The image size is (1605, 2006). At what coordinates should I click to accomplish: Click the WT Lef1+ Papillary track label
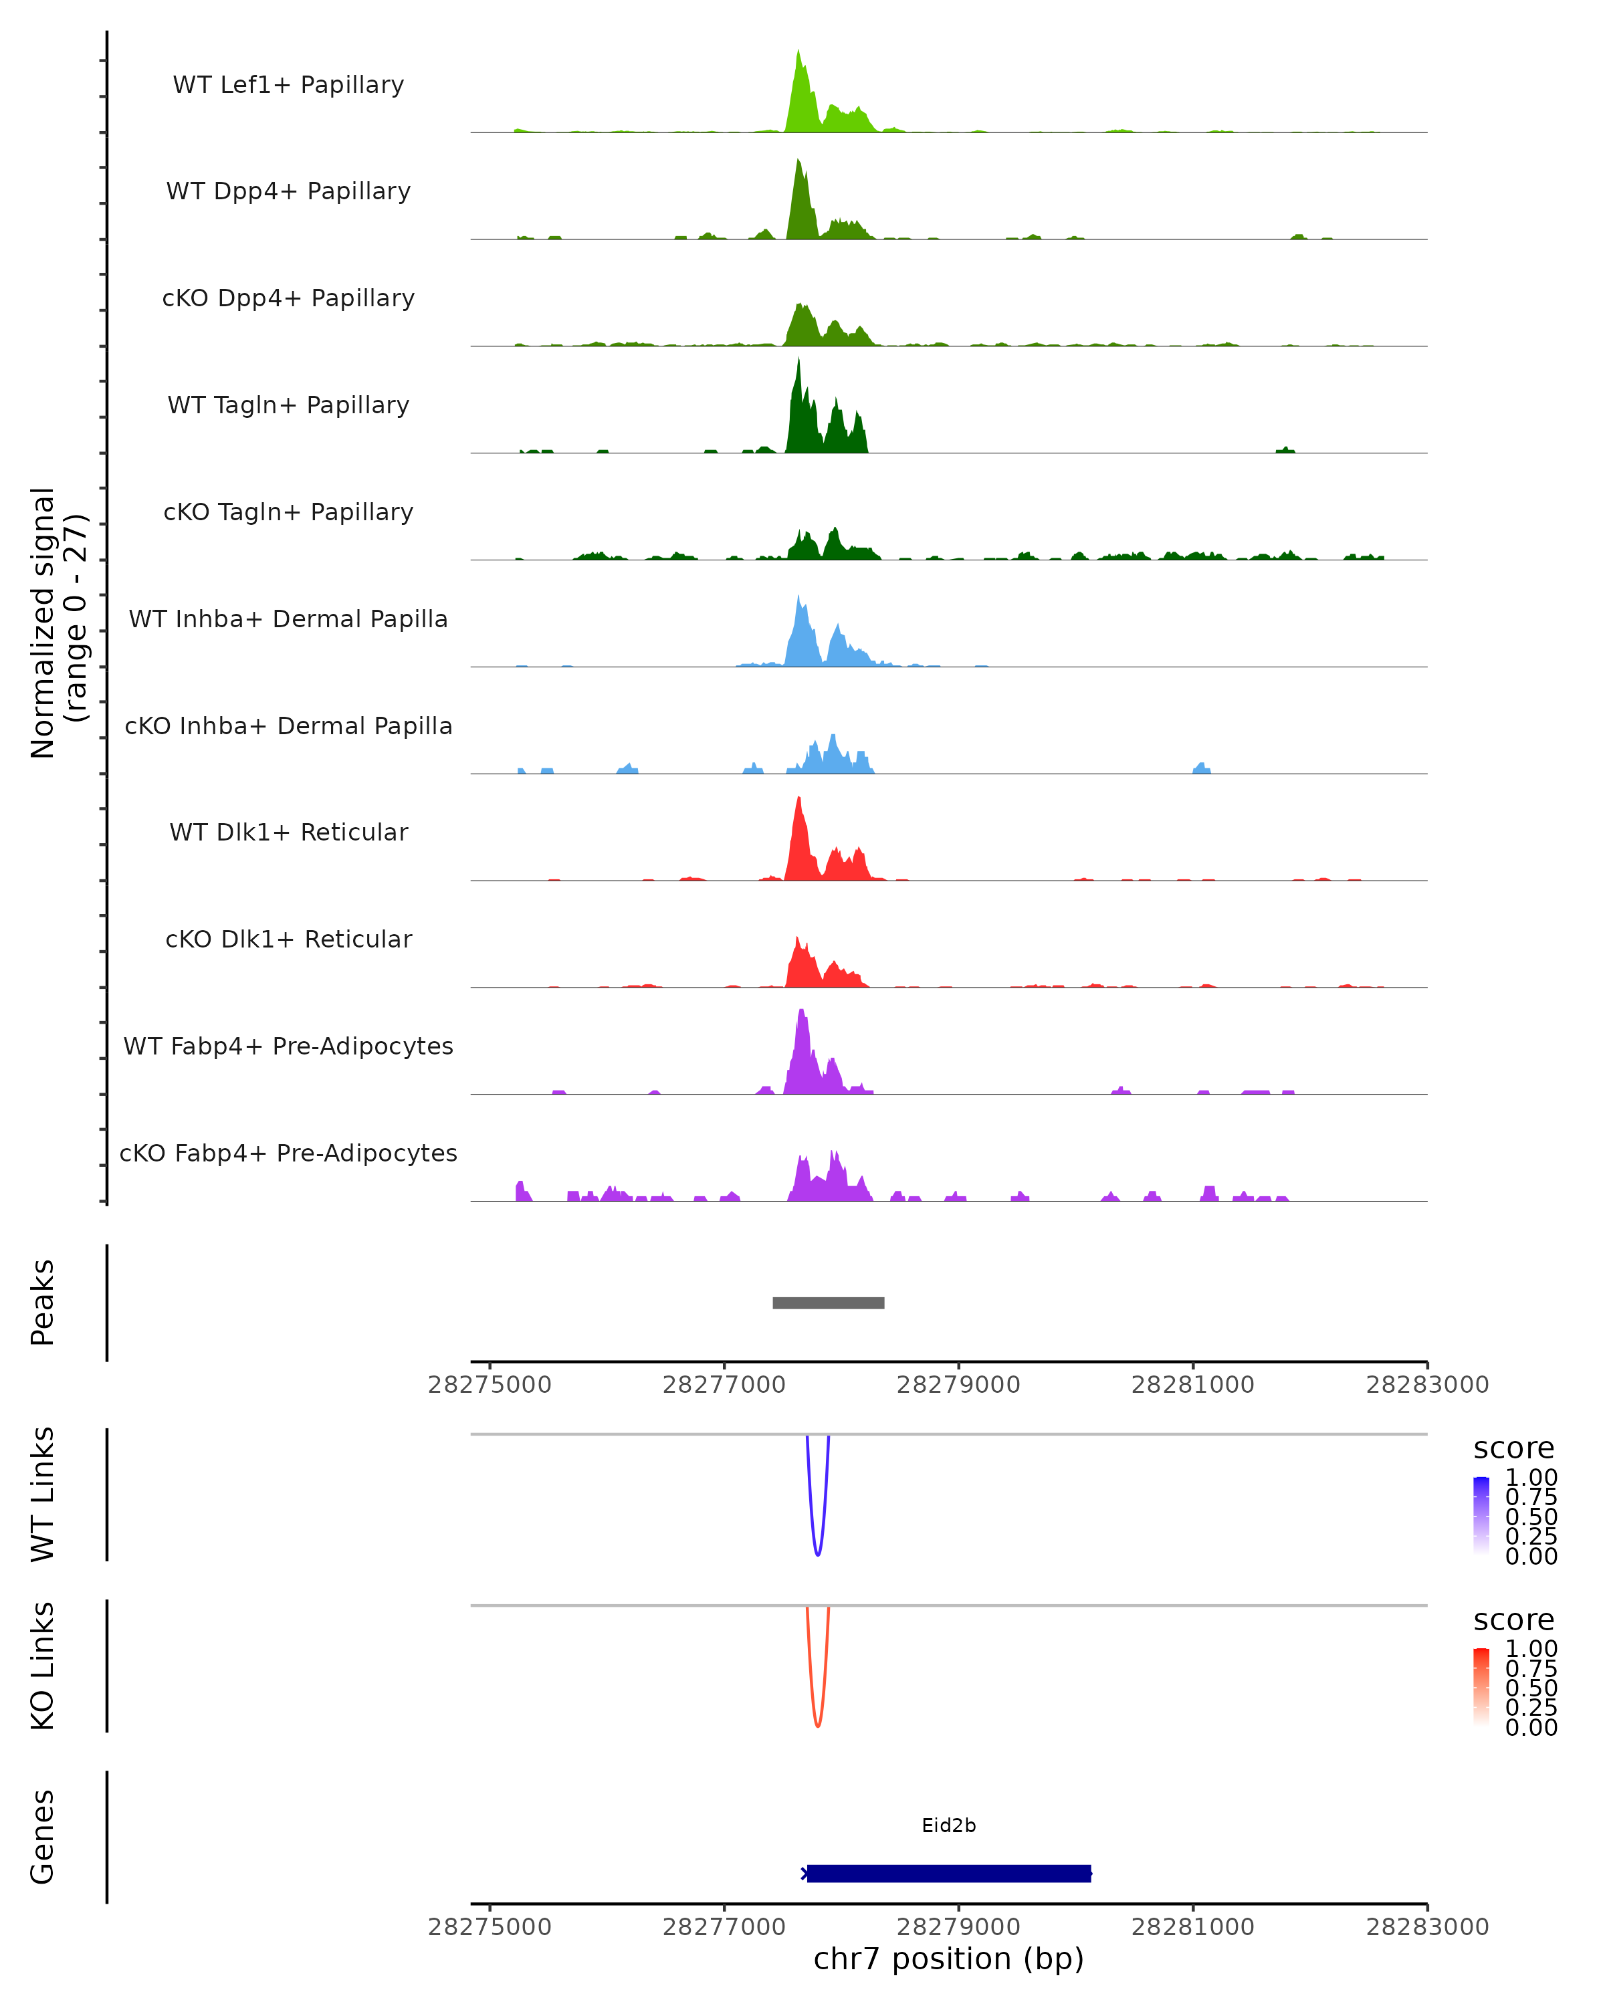288,85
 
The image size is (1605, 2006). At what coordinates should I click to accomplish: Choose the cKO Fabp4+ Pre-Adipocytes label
288,1153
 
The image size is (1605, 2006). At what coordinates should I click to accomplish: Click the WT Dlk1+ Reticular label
288,832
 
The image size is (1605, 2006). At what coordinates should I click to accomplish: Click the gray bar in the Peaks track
828,1303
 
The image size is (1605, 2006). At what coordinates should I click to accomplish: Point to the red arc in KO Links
817,1723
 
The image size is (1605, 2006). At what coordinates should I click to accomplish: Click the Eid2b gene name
948,1825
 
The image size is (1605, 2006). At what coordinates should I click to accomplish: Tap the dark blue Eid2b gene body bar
948,1873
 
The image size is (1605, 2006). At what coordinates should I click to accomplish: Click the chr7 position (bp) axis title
948,1959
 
